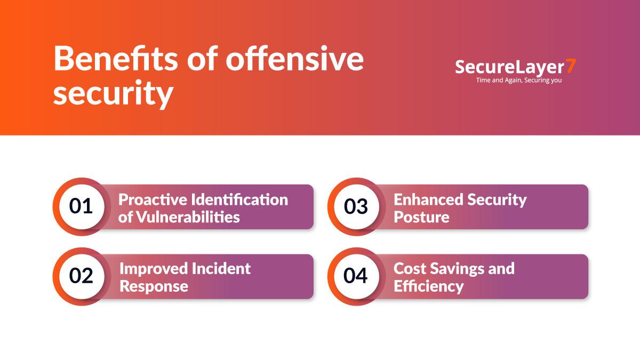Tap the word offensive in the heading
coord(294,60)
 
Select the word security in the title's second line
coord(113,94)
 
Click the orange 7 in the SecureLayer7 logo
coord(571,67)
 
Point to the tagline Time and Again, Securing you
coord(518,81)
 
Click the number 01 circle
coord(81,206)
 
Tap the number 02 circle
coord(81,276)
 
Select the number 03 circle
coord(356,206)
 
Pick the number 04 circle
coord(356,276)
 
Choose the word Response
coord(154,286)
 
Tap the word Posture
coord(421,217)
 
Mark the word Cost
coord(409,268)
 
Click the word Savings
coord(454,268)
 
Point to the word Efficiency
coord(429,286)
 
